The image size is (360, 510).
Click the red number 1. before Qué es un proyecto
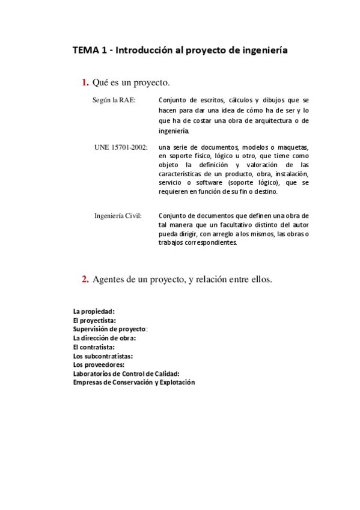[85, 82]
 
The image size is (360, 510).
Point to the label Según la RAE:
[114, 100]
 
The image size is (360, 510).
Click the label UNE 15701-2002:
[121, 147]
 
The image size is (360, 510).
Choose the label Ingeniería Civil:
[118, 215]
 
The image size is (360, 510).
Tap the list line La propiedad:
[94, 312]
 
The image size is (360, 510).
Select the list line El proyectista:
[94, 321]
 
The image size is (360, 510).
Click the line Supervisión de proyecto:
[110, 329]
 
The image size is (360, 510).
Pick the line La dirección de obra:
[104, 338]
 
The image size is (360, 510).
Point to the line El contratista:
[93, 347]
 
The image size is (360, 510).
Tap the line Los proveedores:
[99, 364]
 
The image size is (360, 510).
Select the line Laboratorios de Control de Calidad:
[126, 373]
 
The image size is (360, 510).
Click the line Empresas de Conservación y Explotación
[134, 382]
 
